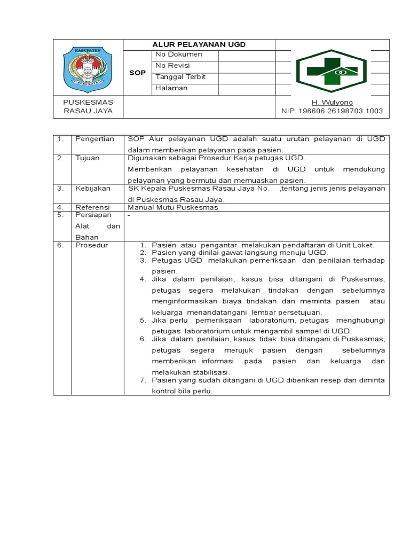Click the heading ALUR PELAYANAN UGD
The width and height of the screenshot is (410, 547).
coord(199,45)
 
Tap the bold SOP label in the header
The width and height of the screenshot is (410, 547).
coord(137,73)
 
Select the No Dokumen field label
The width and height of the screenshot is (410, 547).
coord(178,54)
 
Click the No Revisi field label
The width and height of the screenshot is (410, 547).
coord(172,66)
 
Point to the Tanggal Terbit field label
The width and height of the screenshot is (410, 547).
coord(180,77)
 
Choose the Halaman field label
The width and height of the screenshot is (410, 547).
coord(171,88)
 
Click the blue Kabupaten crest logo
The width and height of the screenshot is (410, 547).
coord(88,69)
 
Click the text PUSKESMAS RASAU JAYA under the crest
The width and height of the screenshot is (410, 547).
coord(88,107)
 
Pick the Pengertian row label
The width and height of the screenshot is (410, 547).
coord(94,139)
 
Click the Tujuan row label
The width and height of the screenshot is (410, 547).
coord(88,158)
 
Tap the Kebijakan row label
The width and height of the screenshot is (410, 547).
coord(92,189)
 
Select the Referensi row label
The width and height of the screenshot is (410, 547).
coord(92,207)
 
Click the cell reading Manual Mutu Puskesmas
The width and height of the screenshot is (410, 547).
coord(173,207)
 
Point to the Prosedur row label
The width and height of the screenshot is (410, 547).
coord(91,245)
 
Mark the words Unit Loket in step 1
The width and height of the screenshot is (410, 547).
coord(356,245)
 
